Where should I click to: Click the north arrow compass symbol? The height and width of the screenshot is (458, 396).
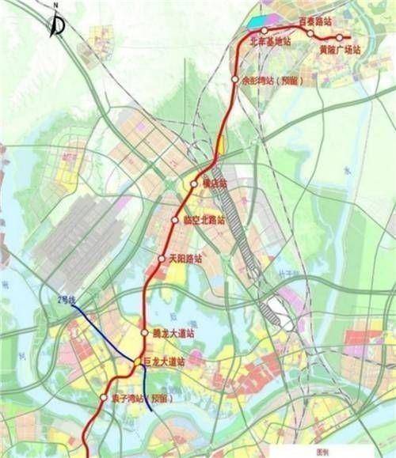coord(58,26)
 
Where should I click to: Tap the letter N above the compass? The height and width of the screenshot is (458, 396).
coord(55,7)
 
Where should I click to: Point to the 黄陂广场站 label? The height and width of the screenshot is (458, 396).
coord(339,49)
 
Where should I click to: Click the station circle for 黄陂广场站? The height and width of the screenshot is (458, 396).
coord(339,37)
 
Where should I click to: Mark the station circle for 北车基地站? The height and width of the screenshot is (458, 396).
coord(265,32)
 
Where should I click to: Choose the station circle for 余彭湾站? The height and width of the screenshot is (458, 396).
coord(235,79)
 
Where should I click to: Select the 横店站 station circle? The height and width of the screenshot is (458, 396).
coord(195,184)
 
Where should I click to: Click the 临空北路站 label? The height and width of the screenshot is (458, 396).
coord(203,220)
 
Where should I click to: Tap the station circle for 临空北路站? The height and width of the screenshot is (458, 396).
coord(175,220)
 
